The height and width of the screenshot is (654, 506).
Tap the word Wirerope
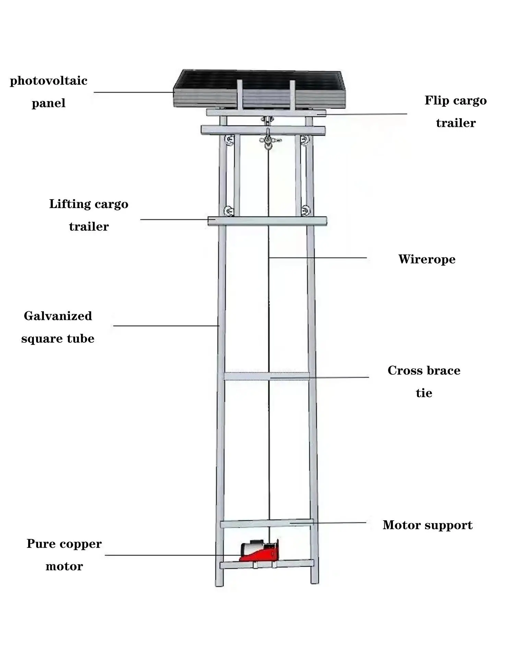coord(426,259)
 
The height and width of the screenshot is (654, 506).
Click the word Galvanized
coord(58,316)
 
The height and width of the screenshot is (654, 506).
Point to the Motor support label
coord(427,525)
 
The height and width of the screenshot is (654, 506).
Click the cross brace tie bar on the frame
coord(267,376)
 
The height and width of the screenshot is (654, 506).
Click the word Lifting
coord(70,204)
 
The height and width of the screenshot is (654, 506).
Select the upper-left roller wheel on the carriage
coord(229,140)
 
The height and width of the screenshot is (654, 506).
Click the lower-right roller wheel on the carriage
coord(305,210)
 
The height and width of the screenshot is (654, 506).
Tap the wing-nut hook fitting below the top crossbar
coord(269,140)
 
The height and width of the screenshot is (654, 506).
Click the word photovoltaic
coord(48,81)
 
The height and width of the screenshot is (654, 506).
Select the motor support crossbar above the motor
coord(267,523)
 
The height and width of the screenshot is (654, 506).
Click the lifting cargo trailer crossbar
coord(267,221)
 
